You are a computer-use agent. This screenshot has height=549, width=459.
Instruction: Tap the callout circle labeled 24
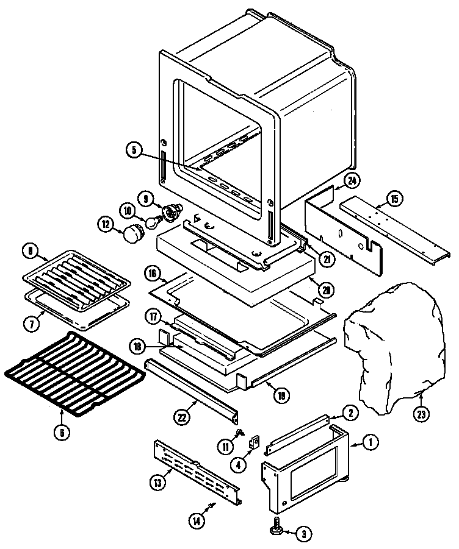click(x=351, y=180)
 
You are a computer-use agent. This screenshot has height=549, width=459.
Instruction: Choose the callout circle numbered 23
click(x=421, y=414)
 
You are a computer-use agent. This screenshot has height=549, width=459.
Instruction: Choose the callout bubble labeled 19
click(x=281, y=396)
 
